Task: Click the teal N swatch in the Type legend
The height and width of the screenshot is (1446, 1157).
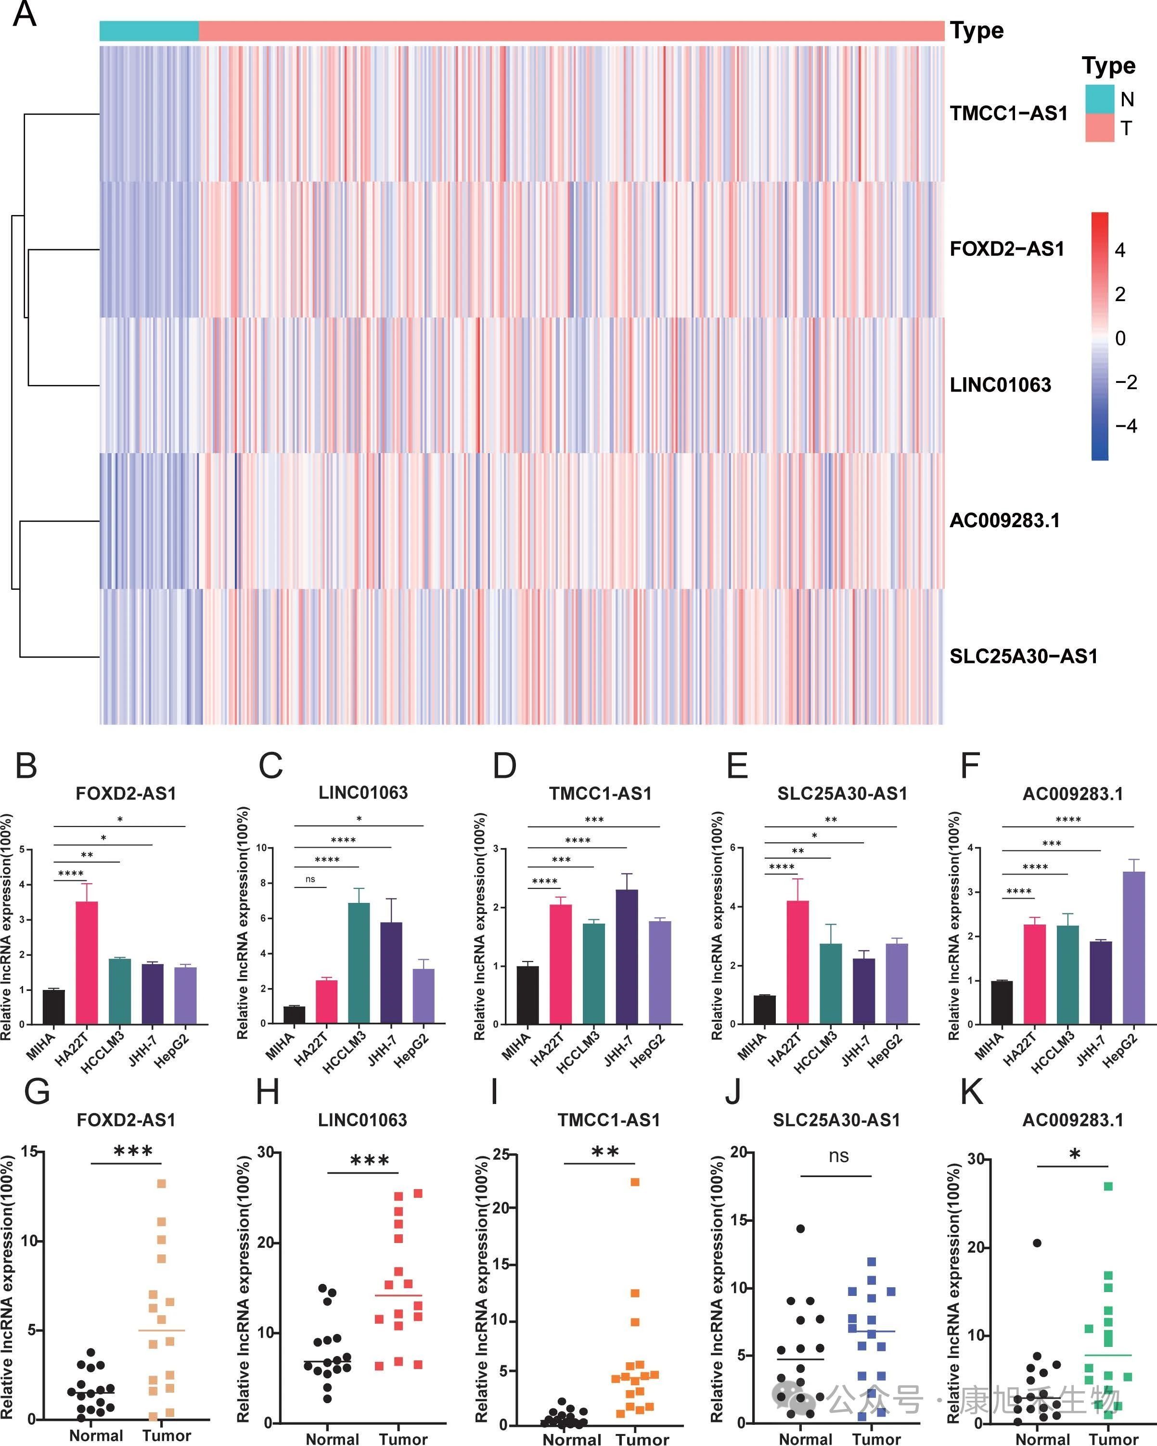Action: point(1099,99)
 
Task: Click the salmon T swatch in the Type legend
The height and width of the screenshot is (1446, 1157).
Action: point(1099,127)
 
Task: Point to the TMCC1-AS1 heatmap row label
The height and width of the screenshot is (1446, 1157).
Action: point(1008,114)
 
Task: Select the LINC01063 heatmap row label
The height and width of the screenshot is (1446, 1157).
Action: point(1000,384)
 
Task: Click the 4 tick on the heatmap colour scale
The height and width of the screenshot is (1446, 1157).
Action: point(1119,250)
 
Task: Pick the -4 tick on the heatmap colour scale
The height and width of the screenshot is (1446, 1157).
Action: point(1125,426)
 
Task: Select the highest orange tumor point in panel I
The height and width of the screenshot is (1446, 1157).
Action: point(635,1182)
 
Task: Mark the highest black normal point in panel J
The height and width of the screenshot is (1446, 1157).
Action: point(800,1229)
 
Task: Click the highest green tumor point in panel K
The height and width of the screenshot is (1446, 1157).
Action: point(1108,1186)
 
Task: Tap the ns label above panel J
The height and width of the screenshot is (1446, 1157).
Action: point(838,1155)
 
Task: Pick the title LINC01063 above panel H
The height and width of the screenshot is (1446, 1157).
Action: point(362,1120)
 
